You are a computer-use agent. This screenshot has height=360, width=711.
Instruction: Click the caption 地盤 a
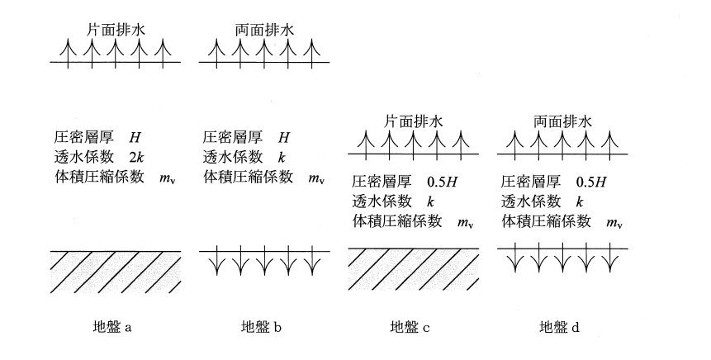click(111, 326)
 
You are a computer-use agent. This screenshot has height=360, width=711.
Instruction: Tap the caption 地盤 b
click(261, 326)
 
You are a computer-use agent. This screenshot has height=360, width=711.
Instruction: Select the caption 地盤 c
click(410, 326)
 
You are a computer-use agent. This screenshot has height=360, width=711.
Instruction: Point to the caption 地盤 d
click(559, 326)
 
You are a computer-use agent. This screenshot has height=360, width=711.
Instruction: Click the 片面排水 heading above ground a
click(116, 30)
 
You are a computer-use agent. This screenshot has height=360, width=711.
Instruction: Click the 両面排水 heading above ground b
click(264, 30)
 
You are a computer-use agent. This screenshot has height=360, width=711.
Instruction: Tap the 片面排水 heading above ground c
click(414, 121)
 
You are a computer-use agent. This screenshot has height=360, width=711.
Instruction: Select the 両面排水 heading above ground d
click(562, 121)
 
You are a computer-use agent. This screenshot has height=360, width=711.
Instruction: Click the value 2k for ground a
click(136, 157)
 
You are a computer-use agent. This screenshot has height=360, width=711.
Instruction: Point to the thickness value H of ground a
click(135, 137)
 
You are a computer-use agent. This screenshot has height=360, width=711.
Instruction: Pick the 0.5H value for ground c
click(442, 182)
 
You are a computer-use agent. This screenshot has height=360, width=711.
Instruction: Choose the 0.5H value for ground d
click(590, 182)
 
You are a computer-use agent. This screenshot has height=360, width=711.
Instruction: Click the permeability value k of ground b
click(282, 157)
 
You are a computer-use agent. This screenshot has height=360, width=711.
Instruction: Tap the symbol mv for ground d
click(614, 223)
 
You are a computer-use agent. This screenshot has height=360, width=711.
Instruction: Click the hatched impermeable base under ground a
click(116, 272)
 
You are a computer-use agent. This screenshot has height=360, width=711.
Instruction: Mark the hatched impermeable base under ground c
click(413, 269)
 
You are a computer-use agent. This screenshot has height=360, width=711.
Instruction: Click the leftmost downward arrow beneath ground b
click(216, 260)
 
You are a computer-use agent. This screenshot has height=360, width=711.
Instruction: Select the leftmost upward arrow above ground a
click(69, 54)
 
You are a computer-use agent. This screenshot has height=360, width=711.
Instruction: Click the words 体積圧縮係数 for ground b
click(248, 177)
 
